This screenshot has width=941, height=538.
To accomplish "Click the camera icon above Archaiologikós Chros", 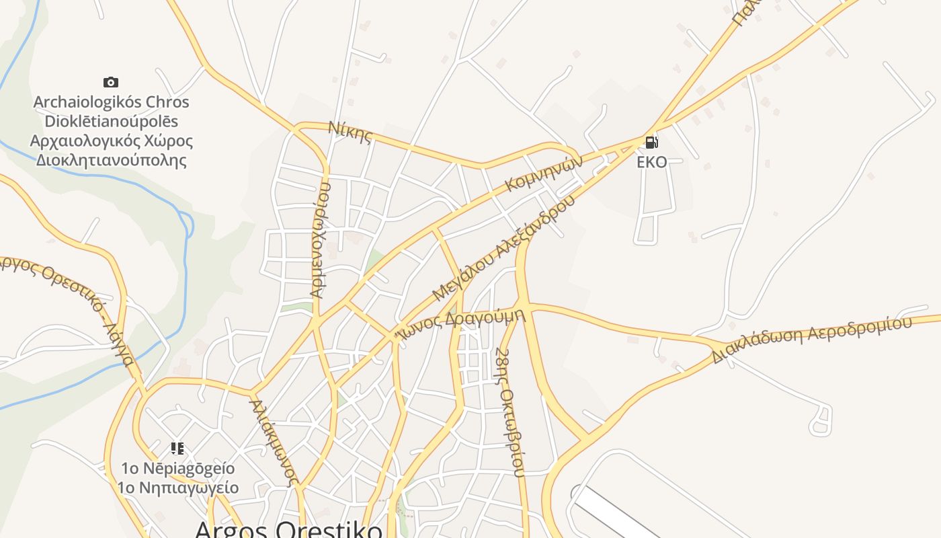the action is (111, 82).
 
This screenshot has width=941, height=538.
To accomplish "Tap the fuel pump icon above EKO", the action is (651, 143).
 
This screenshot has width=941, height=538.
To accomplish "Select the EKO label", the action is (652, 162).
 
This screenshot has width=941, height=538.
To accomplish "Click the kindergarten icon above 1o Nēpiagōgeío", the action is (177, 448).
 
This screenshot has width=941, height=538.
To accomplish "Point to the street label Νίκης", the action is (350, 132).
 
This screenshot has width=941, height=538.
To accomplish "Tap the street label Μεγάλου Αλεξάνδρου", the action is (503, 248).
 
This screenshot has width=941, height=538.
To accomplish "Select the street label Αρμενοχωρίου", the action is (320, 239).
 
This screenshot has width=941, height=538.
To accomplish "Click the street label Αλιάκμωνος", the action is (274, 441).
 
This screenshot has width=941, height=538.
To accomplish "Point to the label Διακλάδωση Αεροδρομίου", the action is (812, 339).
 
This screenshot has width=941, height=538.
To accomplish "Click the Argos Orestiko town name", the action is (288, 529).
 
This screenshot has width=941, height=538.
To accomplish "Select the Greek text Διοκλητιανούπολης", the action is (111, 161).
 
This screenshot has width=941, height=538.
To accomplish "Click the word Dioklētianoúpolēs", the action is (111, 122).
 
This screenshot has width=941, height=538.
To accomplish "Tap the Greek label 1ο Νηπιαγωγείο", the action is (178, 488).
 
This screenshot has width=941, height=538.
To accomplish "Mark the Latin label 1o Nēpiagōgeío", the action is (178, 468).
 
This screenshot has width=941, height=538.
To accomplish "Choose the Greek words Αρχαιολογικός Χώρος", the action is (111, 141).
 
